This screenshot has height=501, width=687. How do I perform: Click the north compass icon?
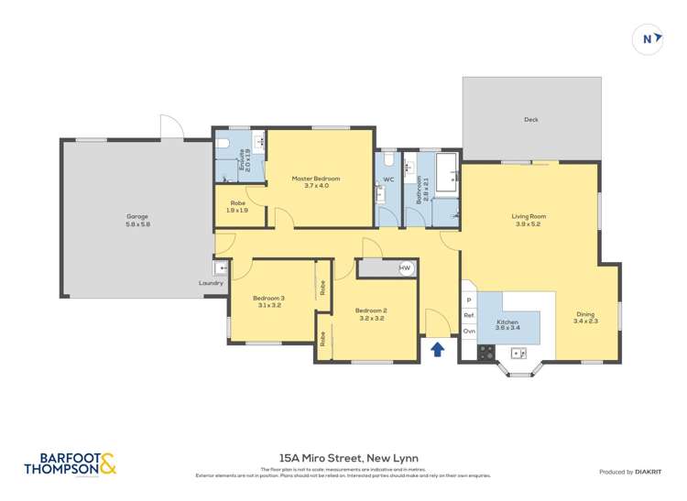(649, 38)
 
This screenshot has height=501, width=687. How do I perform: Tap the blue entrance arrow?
(437, 349)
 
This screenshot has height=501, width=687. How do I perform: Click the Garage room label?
(137, 220)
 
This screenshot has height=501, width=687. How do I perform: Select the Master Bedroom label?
(316, 181)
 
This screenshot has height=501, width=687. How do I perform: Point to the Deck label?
(530, 120)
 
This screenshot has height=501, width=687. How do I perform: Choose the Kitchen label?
(507, 325)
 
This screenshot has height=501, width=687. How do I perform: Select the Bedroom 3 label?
(269, 301)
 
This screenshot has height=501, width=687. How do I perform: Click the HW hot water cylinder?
(406, 268)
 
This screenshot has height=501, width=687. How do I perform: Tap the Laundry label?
(211, 283)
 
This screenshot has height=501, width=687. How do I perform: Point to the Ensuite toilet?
(224, 142)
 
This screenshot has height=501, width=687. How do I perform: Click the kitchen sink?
(518, 353)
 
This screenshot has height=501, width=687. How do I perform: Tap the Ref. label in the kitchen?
(468, 314)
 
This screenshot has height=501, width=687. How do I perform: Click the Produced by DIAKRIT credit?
(629, 472)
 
